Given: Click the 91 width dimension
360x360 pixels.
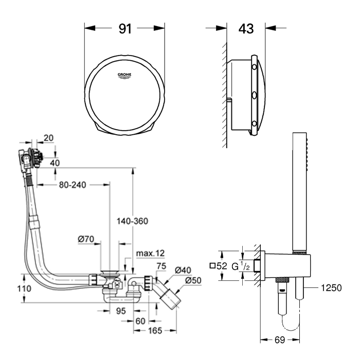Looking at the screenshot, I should pos(125,29).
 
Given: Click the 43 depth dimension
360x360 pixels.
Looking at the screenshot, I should pos(246,29).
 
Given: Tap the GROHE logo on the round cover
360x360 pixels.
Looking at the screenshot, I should pos(125,75).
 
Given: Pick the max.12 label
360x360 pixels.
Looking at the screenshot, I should pos(150,253).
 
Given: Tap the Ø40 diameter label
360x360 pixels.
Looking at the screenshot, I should pos(182,270).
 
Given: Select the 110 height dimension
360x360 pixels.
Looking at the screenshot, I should pos(10,289).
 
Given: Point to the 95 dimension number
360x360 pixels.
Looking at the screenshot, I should pos(120,311).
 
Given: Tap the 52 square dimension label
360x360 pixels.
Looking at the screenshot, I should pos(219,266).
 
